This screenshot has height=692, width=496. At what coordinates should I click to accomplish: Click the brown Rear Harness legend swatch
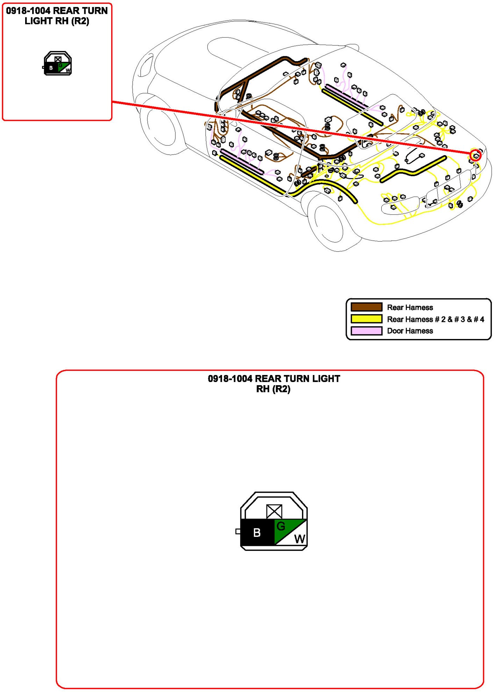click(x=366, y=307)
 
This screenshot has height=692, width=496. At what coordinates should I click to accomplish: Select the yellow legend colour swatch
click(x=366, y=319)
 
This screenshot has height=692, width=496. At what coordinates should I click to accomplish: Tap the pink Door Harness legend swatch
click(x=366, y=331)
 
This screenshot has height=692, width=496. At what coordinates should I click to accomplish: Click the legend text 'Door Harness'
click(x=410, y=331)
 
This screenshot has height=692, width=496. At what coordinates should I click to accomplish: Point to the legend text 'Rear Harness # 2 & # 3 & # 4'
click(x=435, y=319)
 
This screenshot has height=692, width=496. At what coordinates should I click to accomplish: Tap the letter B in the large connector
click(x=257, y=533)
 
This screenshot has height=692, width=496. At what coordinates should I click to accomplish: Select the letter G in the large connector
click(x=281, y=526)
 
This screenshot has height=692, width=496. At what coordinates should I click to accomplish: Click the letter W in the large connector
click(x=299, y=539)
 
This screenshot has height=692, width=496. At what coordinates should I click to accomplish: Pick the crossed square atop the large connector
click(x=274, y=512)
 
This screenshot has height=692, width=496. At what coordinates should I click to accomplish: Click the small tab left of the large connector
click(x=238, y=531)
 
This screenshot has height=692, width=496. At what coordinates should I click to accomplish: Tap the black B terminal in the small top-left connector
click(x=51, y=68)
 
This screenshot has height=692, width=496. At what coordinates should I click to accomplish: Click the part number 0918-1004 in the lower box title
click(x=230, y=379)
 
